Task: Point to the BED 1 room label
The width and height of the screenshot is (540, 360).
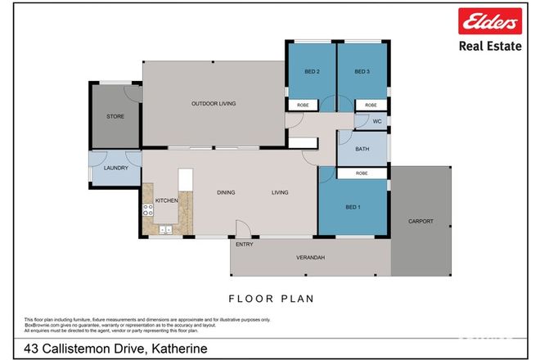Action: coord(353,208)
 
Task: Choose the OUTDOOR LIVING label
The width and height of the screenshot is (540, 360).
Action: coord(214,103)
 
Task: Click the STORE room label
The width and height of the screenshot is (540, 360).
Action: coord(115,117)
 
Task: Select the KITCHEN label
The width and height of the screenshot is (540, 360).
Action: coord(167,200)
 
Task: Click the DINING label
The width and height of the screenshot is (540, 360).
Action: coord(226,193)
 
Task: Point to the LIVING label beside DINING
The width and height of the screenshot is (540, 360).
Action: coord(281,193)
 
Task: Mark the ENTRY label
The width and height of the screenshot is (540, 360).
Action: coord(244,245)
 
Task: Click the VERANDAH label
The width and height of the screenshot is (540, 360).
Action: coord(310,259)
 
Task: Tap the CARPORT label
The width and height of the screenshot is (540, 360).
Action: coord(421,222)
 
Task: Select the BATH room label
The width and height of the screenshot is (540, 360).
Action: coord(362,149)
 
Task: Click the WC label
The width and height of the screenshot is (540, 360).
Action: coord(377,122)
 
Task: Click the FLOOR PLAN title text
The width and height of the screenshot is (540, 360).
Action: coord(269,299)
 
